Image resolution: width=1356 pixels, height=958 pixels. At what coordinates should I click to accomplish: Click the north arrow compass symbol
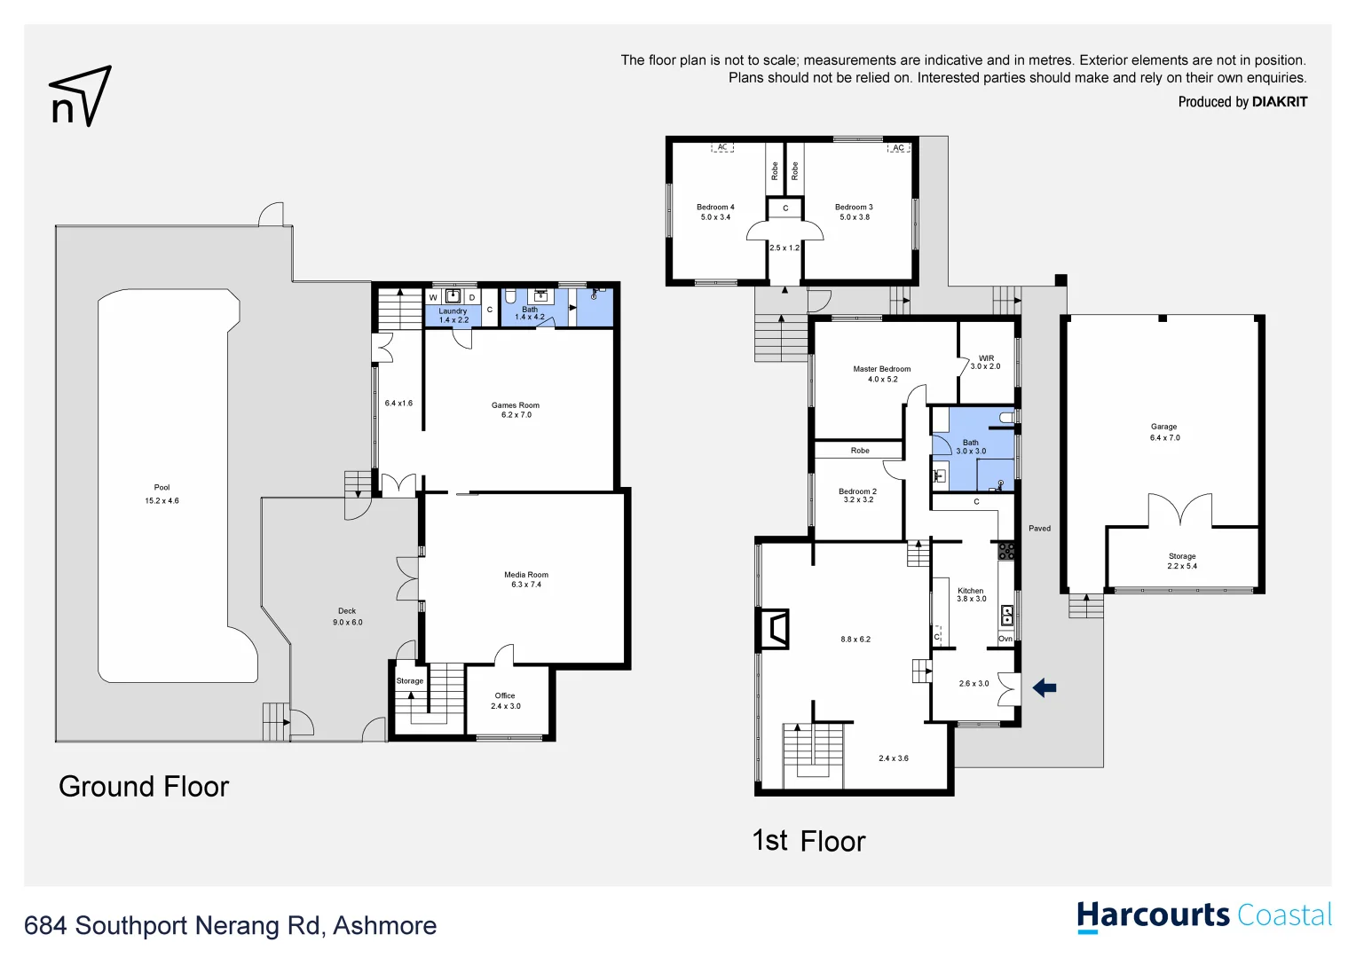coord(80,96)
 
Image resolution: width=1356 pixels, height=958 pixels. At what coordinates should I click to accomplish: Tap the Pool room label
coord(162,487)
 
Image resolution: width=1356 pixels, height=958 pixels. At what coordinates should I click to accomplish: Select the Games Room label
coord(516,405)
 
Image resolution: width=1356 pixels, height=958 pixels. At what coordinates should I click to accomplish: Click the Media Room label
coord(526,575)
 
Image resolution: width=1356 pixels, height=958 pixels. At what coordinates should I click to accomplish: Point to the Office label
coord(505,695)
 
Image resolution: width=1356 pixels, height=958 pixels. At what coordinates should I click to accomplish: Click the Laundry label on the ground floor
coord(453,311)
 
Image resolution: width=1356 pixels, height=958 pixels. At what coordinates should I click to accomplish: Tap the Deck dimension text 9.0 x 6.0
coord(347,623)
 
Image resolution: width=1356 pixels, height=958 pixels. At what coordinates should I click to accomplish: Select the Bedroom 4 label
coord(715,208)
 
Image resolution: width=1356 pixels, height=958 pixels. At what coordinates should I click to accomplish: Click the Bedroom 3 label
coord(854,208)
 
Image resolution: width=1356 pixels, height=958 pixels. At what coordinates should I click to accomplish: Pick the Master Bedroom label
coord(881,369)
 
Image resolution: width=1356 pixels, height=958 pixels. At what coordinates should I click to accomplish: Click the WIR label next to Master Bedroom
coord(986,358)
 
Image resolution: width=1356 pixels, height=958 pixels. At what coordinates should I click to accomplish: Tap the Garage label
coord(1163,427)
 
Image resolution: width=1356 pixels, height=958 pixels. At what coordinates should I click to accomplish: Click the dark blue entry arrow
coord(1045,687)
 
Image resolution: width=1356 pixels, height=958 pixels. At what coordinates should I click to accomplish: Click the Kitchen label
coord(970,591)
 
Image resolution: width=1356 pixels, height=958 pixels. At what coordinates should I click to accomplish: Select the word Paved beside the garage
coord(1039,529)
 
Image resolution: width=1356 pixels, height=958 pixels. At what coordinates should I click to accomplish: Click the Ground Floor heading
coord(144,787)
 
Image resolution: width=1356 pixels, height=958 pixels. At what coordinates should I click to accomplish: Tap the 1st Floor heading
coord(808,841)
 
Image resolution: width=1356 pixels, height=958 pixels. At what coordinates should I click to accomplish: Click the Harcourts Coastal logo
coord(1204,916)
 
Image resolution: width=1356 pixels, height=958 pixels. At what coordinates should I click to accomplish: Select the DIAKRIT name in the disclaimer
coord(1279,102)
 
